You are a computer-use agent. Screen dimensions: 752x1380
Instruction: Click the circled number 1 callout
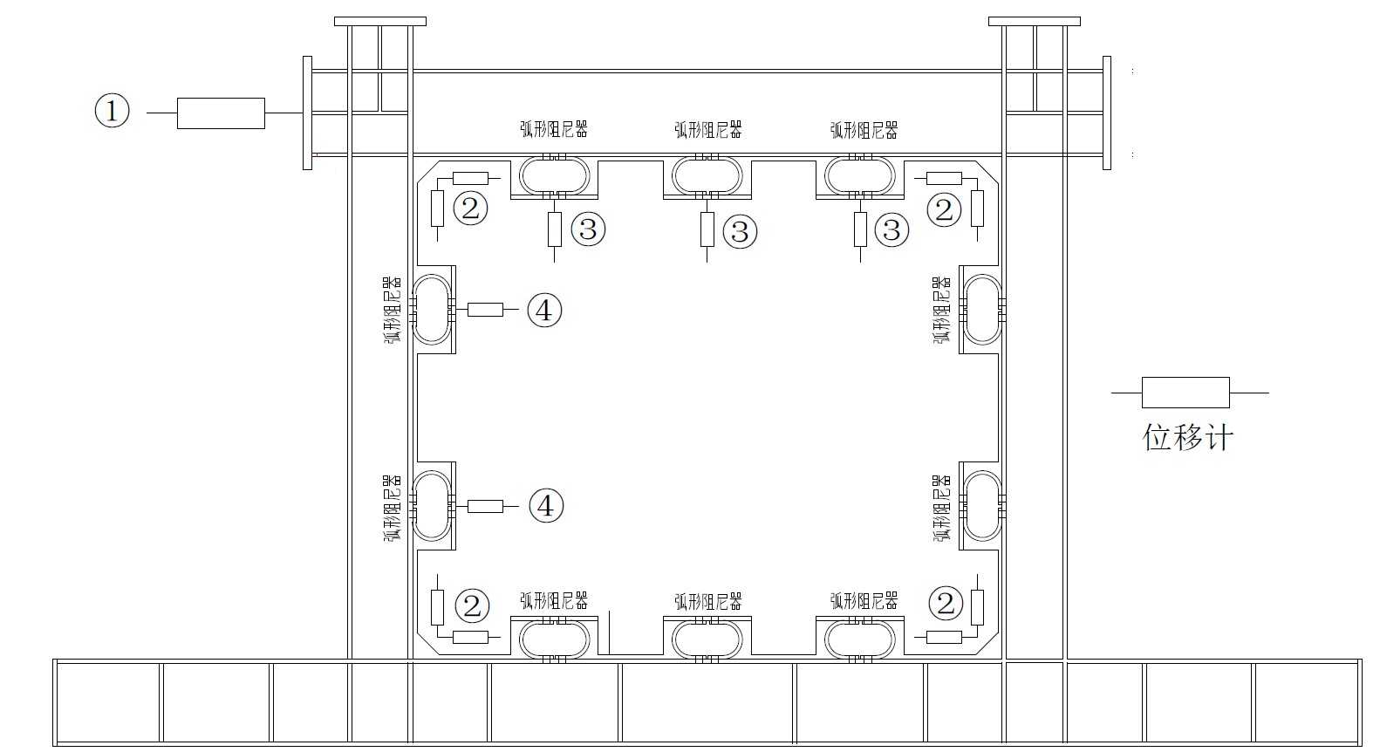click(x=112, y=112)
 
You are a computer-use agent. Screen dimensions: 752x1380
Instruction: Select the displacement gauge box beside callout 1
click(x=221, y=113)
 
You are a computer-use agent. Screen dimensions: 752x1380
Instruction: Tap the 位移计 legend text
click(x=1188, y=437)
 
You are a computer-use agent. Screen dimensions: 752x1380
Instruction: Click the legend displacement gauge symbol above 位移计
click(x=1185, y=393)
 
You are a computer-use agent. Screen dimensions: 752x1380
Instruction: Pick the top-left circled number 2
click(x=470, y=209)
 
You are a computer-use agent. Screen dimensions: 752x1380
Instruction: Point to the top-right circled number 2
click(x=943, y=209)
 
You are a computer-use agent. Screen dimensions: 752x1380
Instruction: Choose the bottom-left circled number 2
click(x=472, y=605)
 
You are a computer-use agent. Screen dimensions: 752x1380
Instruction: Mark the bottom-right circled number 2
click(x=946, y=604)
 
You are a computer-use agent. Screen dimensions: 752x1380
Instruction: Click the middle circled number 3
click(x=740, y=231)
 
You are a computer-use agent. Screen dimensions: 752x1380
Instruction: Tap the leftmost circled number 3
click(x=588, y=229)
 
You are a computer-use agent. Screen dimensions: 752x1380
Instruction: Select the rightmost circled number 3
click(x=892, y=229)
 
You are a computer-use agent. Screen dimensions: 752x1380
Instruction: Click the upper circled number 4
click(x=544, y=310)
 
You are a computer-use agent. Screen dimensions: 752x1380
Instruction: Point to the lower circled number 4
click(x=546, y=506)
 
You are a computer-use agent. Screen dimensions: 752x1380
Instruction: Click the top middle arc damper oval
click(x=707, y=175)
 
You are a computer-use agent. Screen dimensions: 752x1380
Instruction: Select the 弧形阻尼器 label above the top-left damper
click(x=554, y=130)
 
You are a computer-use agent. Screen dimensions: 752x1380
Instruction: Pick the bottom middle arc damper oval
click(x=707, y=639)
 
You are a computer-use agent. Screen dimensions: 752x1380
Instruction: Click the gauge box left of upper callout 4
click(x=485, y=310)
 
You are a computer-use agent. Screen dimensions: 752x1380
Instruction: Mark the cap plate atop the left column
click(x=379, y=21)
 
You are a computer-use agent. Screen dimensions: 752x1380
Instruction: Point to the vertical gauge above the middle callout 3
click(x=707, y=229)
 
